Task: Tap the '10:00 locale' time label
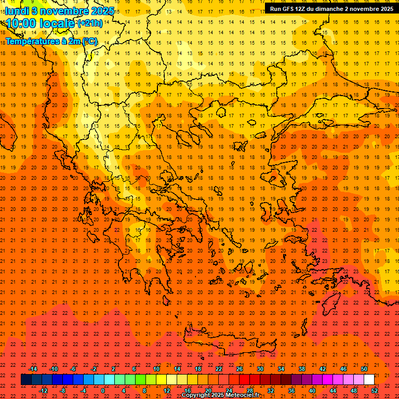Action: [41, 23]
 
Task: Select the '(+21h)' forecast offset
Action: [90, 24]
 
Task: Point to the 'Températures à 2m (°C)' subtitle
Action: [51, 41]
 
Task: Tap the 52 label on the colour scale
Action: [375, 390]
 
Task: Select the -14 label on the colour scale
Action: [33, 369]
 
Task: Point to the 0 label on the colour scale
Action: [103, 390]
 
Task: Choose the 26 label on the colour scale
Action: [239, 369]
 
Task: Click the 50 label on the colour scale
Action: [364, 369]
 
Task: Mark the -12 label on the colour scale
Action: [43, 390]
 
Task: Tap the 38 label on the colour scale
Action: [302, 369]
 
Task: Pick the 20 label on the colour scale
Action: [208, 390]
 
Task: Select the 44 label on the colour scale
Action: [333, 390]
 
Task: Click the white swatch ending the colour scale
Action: [369, 380]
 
